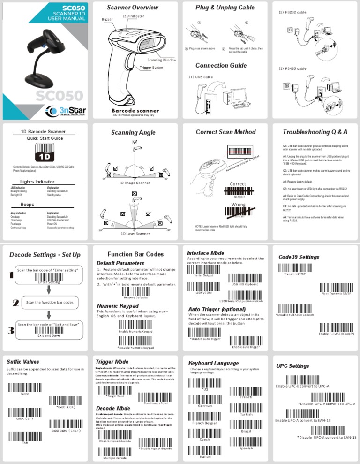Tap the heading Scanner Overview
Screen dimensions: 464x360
point(133,8)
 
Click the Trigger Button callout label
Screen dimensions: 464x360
point(151,68)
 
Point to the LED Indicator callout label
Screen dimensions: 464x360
point(133,16)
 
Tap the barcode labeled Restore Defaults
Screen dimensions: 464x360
point(136,291)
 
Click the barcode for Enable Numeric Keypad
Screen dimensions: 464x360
point(135,325)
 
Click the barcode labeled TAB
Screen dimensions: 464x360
point(24,435)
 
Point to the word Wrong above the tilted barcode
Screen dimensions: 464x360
point(238,205)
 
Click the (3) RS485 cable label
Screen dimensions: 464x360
point(292,68)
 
